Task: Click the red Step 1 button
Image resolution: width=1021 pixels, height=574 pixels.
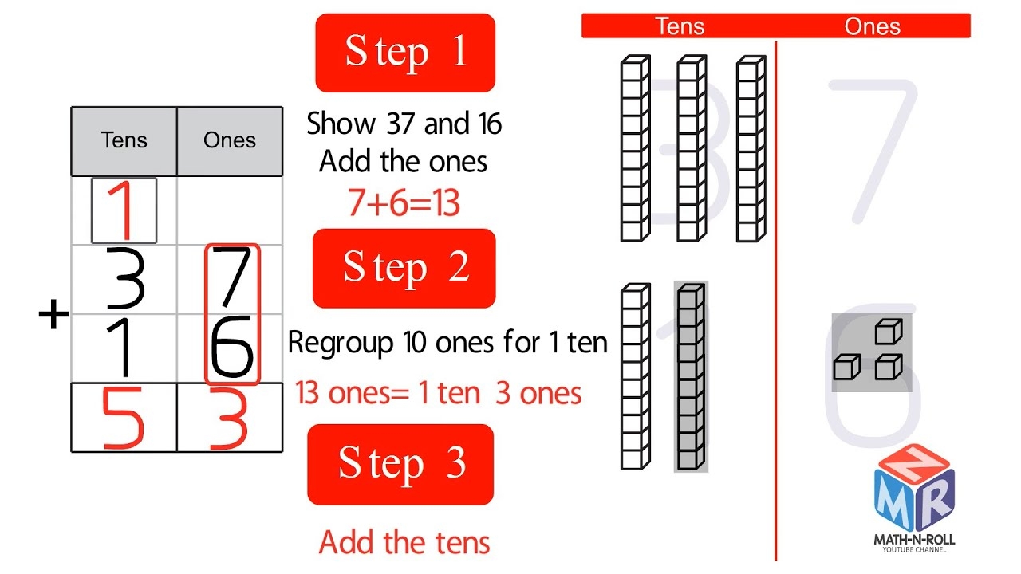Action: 405,53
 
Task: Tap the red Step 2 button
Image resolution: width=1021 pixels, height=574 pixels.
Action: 404,268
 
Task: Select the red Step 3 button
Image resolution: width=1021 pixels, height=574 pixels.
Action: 400,464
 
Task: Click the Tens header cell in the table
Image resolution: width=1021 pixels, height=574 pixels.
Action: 124,141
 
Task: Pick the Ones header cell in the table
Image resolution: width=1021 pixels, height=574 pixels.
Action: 230,141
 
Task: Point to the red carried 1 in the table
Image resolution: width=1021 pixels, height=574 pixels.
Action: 124,211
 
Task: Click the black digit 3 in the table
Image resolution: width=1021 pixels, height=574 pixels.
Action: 124,279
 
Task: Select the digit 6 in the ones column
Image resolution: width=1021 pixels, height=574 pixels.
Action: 232,348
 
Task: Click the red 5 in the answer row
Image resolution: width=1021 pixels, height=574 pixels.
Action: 124,418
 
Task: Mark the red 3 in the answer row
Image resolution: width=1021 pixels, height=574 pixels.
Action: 231,418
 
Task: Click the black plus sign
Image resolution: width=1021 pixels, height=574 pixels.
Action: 54,315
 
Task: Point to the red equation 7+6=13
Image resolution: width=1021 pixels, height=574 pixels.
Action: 404,204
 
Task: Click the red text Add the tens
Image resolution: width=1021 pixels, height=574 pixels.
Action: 404,543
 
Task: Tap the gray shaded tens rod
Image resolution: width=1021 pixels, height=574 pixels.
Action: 690,376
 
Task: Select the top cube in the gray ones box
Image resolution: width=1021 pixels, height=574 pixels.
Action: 888,331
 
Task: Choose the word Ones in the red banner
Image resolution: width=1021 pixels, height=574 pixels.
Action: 872,26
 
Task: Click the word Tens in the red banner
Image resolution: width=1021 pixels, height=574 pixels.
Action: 680,26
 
